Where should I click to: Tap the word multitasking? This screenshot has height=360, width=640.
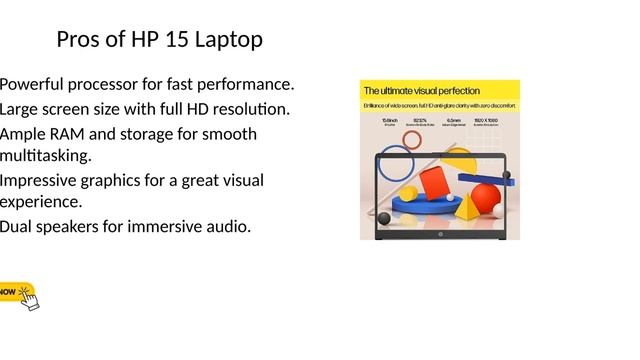[45, 156]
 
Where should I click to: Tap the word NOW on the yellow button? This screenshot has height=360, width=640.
[7, 293]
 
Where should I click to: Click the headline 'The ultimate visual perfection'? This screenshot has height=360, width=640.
[421, 91]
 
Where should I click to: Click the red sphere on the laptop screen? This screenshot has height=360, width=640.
[486, 195]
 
